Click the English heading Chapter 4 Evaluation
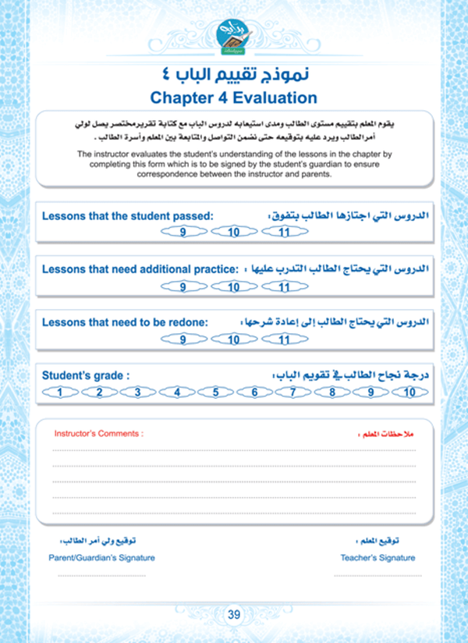(234, 98)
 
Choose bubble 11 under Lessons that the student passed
(285, 233)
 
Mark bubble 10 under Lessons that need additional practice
(233, 286)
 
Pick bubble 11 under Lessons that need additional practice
(285, 286)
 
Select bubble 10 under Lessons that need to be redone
(233, 339)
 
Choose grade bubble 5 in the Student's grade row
(216, 393)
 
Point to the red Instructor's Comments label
(98, 432)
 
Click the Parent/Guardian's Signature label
(101, 557)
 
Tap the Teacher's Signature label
(378, 557)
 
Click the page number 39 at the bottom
(234, 614)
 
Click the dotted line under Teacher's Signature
(378, 575)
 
